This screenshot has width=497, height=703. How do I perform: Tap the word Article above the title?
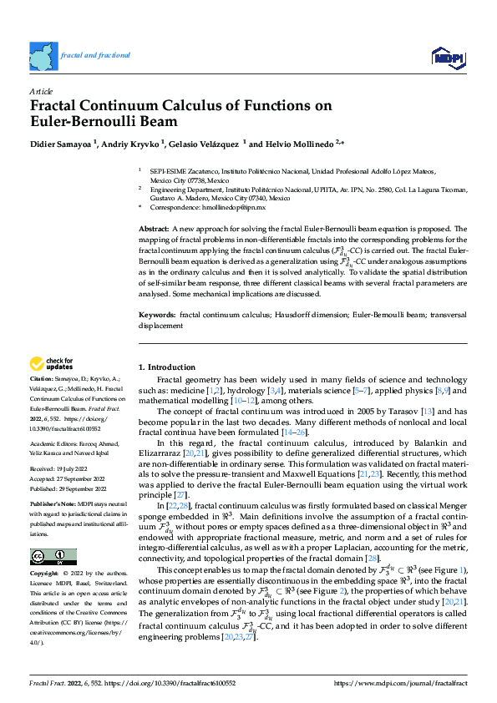[x=41, y=90]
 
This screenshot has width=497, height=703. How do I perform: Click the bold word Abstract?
[x=155, y=229]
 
